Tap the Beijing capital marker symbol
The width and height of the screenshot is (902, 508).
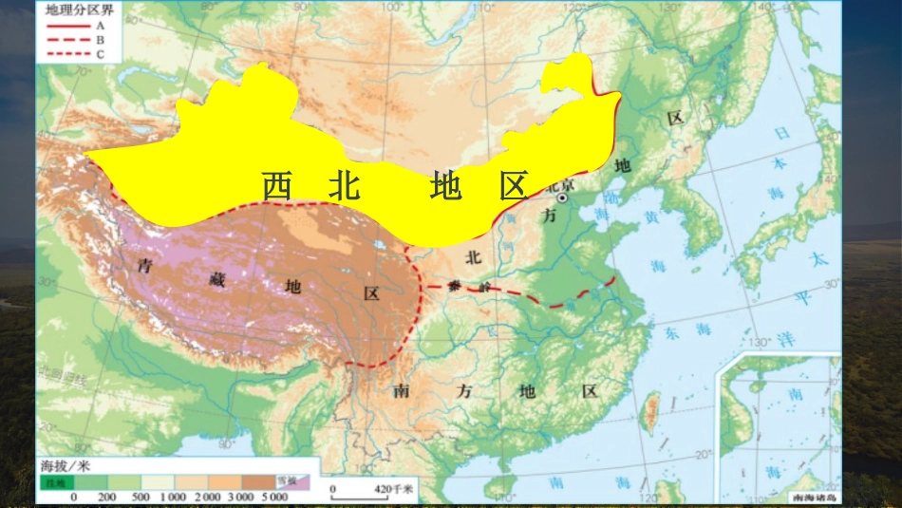point(563,199)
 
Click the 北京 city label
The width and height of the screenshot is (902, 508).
point(559,186)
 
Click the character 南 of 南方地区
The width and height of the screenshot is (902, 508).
point(401,390)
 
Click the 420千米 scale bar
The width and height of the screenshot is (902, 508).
point(370,490)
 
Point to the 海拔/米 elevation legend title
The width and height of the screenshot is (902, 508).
point(66,466)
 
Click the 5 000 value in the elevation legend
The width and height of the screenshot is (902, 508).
point(275,497)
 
